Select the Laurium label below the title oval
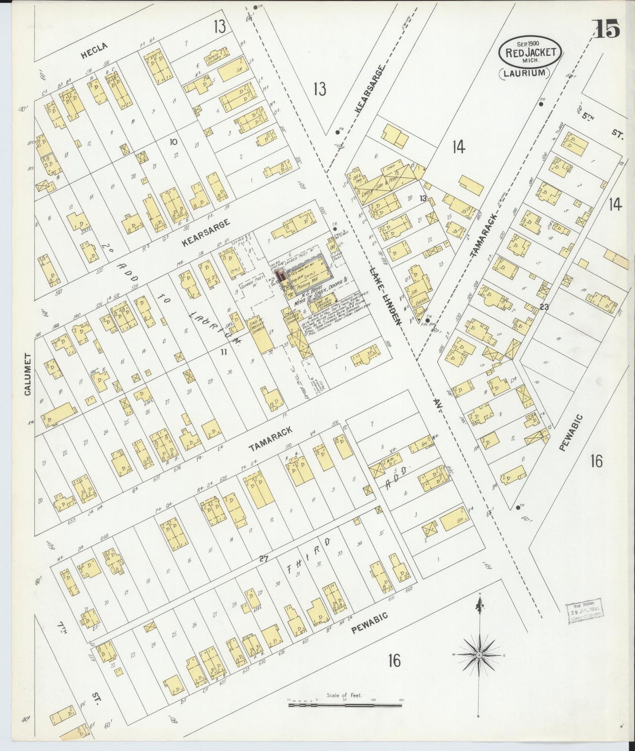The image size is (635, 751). point(525,73)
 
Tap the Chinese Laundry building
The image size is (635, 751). point(217,61)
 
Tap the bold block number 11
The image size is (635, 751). point(224,351)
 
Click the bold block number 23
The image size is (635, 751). point(544,307)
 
